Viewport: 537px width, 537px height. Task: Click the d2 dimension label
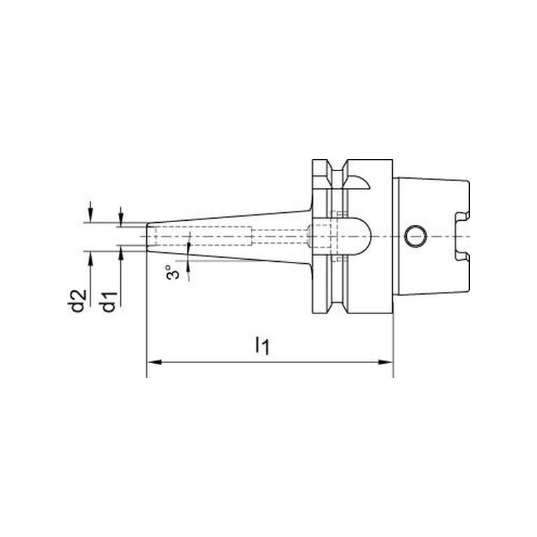[x=78, y=301]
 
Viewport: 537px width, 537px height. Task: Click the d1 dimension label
[x=109, y=301]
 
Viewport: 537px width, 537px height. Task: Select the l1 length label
[x=262, y=345]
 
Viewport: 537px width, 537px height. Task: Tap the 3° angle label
[x=173, y=272]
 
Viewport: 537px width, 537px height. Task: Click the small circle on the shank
[x=416, y=236]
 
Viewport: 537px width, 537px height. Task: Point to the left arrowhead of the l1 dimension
[x=154, y=362]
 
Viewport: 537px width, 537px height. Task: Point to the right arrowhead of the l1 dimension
[x=385, y=362]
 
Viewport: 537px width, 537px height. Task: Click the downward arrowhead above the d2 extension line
[x=90, y=215]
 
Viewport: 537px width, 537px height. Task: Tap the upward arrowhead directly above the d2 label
[x=90, y=258]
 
